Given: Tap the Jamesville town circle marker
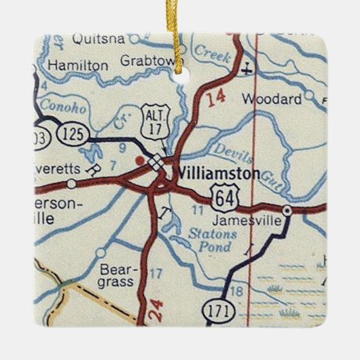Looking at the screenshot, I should (x=287, y=211).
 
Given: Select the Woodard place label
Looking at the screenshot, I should (x=272, y=99).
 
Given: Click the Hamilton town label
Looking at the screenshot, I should (x=78, y=65).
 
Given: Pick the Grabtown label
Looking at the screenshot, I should (x=147, y=61).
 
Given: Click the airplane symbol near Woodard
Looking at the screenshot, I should (x=247, y=68).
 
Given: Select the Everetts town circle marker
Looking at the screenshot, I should (x=71, y=183).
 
